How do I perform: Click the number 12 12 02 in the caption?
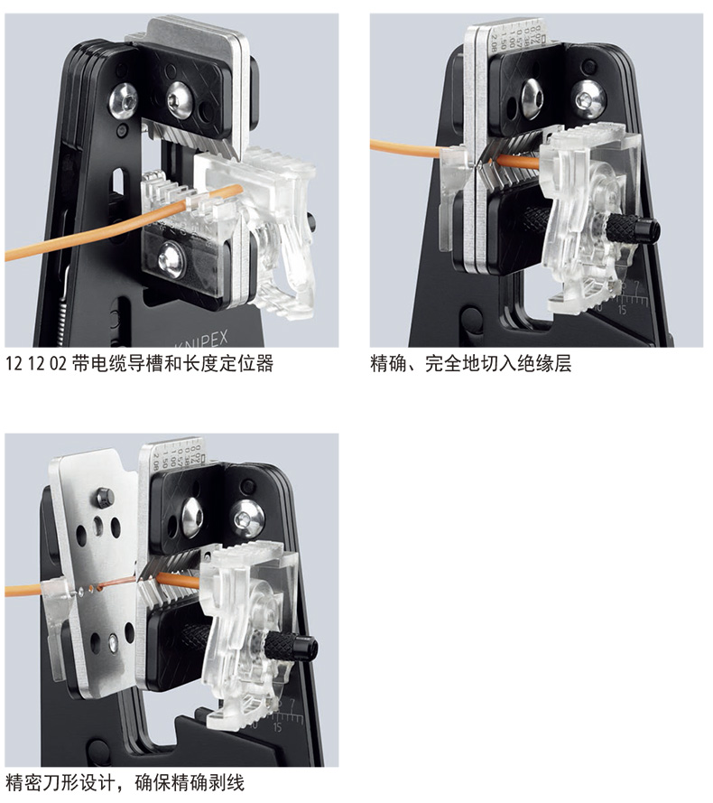[36, 364]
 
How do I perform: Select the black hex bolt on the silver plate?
[105, 496]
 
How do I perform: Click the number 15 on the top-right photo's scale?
[622, 309]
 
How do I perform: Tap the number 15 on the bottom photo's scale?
[277, 727]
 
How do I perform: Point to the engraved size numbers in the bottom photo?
[177, 453]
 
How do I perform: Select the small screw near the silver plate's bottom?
[113, 643]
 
